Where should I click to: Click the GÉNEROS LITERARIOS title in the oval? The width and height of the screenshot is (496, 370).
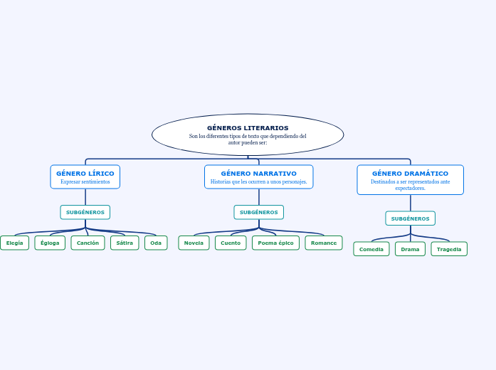click(248, 128)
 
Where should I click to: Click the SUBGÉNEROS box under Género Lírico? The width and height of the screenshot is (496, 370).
click(85, 212)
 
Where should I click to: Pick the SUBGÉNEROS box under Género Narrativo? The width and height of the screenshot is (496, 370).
click(258, 212)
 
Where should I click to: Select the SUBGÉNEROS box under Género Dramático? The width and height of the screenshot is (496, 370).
click(410, 218)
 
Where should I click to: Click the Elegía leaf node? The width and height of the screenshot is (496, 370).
click(14, 243)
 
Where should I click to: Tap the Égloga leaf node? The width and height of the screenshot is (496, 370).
click(50, 243)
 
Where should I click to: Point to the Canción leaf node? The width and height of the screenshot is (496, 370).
click(88, 243)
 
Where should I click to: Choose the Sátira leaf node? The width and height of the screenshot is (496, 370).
click(125, 243)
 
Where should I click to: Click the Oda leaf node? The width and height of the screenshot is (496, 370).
click(156, 243)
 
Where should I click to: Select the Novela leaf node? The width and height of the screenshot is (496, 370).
click(194, 243)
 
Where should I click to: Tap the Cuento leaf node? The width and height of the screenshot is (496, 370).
click(231, 243)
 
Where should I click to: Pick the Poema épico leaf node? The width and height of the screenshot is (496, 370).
click(275, 243)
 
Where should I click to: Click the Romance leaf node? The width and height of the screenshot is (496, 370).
click(324, 243)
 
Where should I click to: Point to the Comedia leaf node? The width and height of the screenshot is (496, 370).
click(371, 249)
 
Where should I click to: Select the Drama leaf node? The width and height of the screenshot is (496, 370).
click(410, 249)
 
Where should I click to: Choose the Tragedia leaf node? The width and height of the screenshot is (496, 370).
click(449, 249)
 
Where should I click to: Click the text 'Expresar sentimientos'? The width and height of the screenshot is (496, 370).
click(85, 182)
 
